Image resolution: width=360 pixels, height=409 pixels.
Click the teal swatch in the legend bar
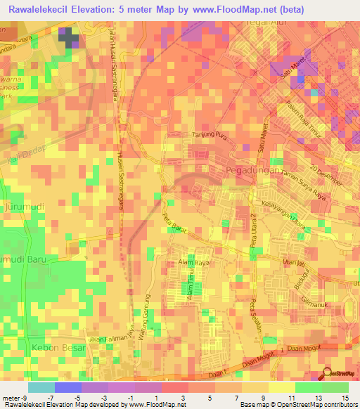41,387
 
